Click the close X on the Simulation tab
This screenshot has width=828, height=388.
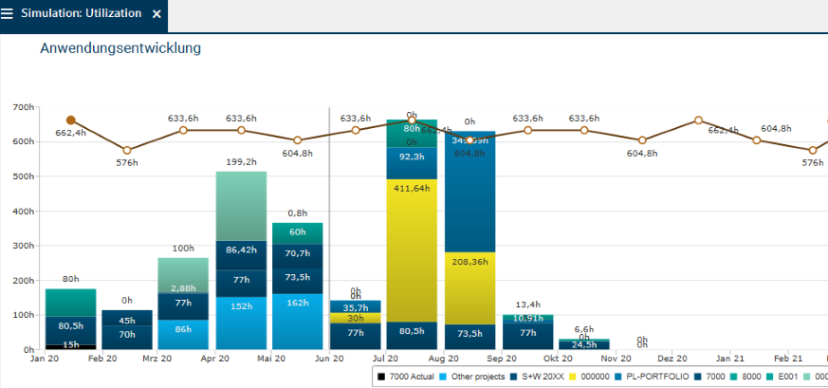click(157, 14)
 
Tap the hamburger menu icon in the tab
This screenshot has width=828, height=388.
click(8, 14)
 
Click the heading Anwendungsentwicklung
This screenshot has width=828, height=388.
click(120, 47)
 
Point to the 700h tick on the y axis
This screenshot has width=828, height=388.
click(23, 107)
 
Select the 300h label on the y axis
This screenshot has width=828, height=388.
click(23, 246)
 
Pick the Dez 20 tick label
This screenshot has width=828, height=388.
click(672, 360)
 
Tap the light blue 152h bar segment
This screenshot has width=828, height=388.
click(241, 323)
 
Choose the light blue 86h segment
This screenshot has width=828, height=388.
click(183, 334)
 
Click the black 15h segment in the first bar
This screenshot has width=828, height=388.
click(70, 346)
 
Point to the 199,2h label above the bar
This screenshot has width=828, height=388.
click(241, 162)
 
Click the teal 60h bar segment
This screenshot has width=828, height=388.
click(297, 232)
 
